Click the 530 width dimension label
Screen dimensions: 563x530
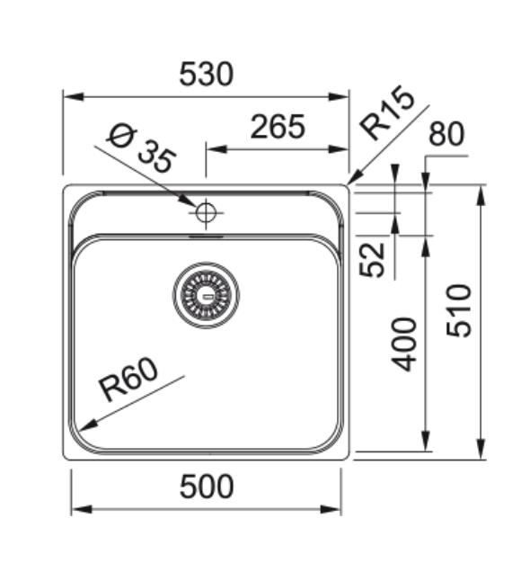point(206,75)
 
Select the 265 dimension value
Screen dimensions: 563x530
point(277,128)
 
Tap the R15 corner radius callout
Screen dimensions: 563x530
point(388,112)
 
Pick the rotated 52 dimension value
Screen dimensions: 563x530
point(375,257)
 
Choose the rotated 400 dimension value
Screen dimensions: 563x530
point(406,344)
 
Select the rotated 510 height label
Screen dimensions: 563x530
point(459,310)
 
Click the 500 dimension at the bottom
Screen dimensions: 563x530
point(206,487)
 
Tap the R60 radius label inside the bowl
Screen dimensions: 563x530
point(128,380)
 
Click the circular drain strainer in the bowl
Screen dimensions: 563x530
point(208,294)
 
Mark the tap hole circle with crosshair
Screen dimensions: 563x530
point(206,213)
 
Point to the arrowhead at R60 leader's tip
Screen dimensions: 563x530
point(82,427)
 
